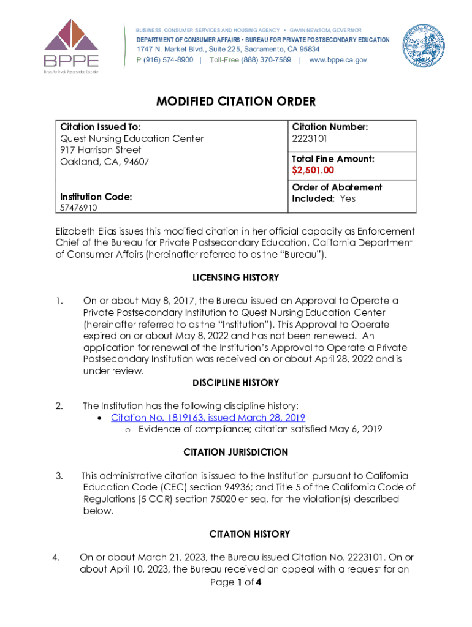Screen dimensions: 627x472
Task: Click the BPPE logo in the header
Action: click(70, 45)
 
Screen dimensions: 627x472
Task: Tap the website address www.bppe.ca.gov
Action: click(338, 60)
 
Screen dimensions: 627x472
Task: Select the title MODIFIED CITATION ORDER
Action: click(236, 101)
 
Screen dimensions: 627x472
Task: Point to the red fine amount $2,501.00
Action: click(313, 170)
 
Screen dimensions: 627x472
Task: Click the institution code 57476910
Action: click(78, 208)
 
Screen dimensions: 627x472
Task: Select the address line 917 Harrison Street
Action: click(101, 150)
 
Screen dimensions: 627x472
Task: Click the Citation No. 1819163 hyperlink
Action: click(208, 418)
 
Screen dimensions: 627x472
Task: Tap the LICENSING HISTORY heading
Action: click(236, 278)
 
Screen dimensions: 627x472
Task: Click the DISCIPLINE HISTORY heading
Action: click(236, 383)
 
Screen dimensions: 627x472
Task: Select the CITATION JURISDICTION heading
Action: click(236, 452)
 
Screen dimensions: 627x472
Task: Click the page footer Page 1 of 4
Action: click(236, 582)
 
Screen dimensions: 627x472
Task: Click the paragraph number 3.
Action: click(59, 476)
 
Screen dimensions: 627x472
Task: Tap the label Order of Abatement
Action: click(337, 187)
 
